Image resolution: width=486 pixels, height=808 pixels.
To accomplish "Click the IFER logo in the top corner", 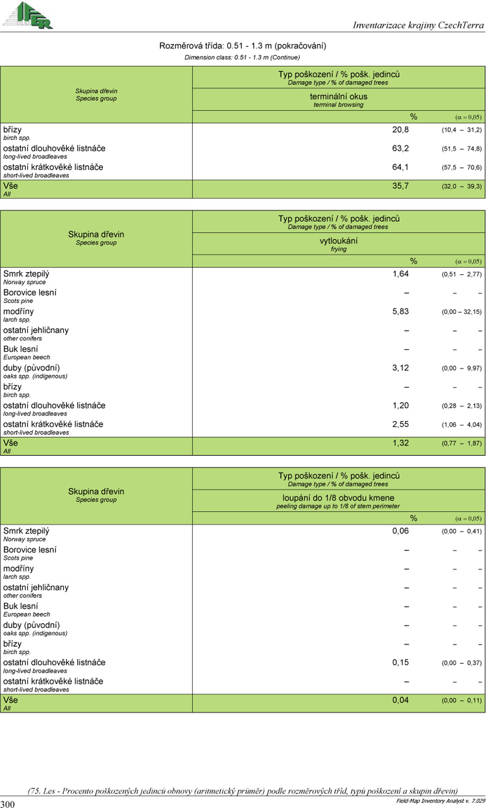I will coord(27,15).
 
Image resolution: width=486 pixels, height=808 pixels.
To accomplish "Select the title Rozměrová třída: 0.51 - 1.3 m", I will coord(242,46).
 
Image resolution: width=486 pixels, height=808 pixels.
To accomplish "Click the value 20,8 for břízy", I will coord(400,129).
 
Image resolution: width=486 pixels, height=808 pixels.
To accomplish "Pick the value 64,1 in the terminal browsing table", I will coord(400,167).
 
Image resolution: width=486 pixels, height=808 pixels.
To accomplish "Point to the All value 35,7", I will coord(401,186).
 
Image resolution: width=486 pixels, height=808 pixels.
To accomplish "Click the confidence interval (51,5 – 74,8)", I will coord(461,149).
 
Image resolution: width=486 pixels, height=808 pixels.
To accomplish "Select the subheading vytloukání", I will coord(339,241).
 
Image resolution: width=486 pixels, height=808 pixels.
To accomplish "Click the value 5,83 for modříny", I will coord(401,311).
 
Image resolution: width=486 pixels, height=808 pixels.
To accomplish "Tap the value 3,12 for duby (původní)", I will coord(401,367).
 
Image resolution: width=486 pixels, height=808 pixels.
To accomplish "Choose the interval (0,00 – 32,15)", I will coord(461,312).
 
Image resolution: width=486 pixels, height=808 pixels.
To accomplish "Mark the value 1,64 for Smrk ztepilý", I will coord(401,274).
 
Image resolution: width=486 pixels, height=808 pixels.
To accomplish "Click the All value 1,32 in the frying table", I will coord(401,443).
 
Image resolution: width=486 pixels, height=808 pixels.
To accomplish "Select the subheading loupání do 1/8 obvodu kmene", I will coord(339,497).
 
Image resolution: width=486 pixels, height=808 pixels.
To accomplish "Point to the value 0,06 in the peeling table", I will coord(401,531).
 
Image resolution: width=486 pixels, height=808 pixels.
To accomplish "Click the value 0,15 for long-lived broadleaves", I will coord(401,662).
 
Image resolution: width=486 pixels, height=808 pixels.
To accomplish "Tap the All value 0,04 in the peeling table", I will coord(401,700).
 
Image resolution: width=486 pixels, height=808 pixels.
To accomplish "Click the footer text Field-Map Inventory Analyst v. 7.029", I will coord(436,801).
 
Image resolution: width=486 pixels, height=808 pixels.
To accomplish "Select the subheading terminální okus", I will coord(339,96).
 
